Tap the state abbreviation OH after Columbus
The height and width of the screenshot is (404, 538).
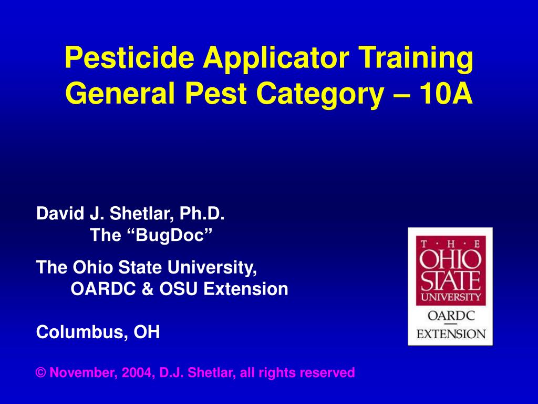click(x=147, y=332)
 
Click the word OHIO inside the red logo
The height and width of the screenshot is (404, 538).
click(x=450, y=259)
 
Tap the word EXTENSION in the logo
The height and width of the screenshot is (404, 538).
click(x=451, y=334)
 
